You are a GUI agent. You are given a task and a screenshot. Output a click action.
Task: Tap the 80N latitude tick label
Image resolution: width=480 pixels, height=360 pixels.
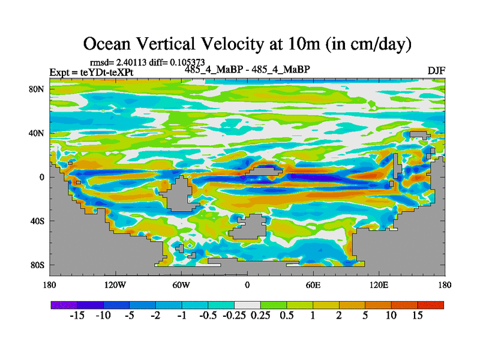click(x=38, y=89)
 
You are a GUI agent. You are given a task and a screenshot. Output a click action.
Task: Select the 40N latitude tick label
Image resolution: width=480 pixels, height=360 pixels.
click(x=38, y=133)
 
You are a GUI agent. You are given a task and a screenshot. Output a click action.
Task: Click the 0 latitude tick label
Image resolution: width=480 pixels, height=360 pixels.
click(x=43, y=177)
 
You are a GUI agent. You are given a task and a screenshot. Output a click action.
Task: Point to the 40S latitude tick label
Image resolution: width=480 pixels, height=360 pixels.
click(x=38, y=221)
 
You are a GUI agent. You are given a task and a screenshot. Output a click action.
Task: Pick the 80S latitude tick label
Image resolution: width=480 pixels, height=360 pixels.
click(x=38, y=265)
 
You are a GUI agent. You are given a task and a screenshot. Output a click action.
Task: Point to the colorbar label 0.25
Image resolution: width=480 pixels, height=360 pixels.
click(x=260, y=316)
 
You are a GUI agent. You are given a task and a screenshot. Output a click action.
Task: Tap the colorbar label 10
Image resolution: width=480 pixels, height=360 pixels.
click(x=391, y=316)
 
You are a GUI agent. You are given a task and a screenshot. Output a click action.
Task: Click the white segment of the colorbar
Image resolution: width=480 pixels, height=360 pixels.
click(x=247, y=305)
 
